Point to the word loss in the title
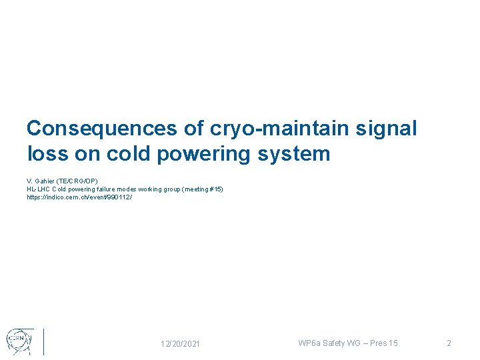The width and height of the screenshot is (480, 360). tap(47, 155)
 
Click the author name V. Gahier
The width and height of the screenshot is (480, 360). tap(41, 181)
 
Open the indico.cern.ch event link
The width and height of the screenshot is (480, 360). tap(79, 197)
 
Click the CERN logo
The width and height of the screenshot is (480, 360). tap(18, 340)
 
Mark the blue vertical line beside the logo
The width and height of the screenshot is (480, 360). tap(43, 341)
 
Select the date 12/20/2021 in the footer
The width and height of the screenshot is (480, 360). tap(180, 343)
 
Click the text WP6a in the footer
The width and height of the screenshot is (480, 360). tap(309, 343)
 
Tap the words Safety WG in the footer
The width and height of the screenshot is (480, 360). tap(343, 343)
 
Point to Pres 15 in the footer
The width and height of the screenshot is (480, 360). tap(385, 343)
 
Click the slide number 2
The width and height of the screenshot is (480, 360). tap(449, 343)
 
